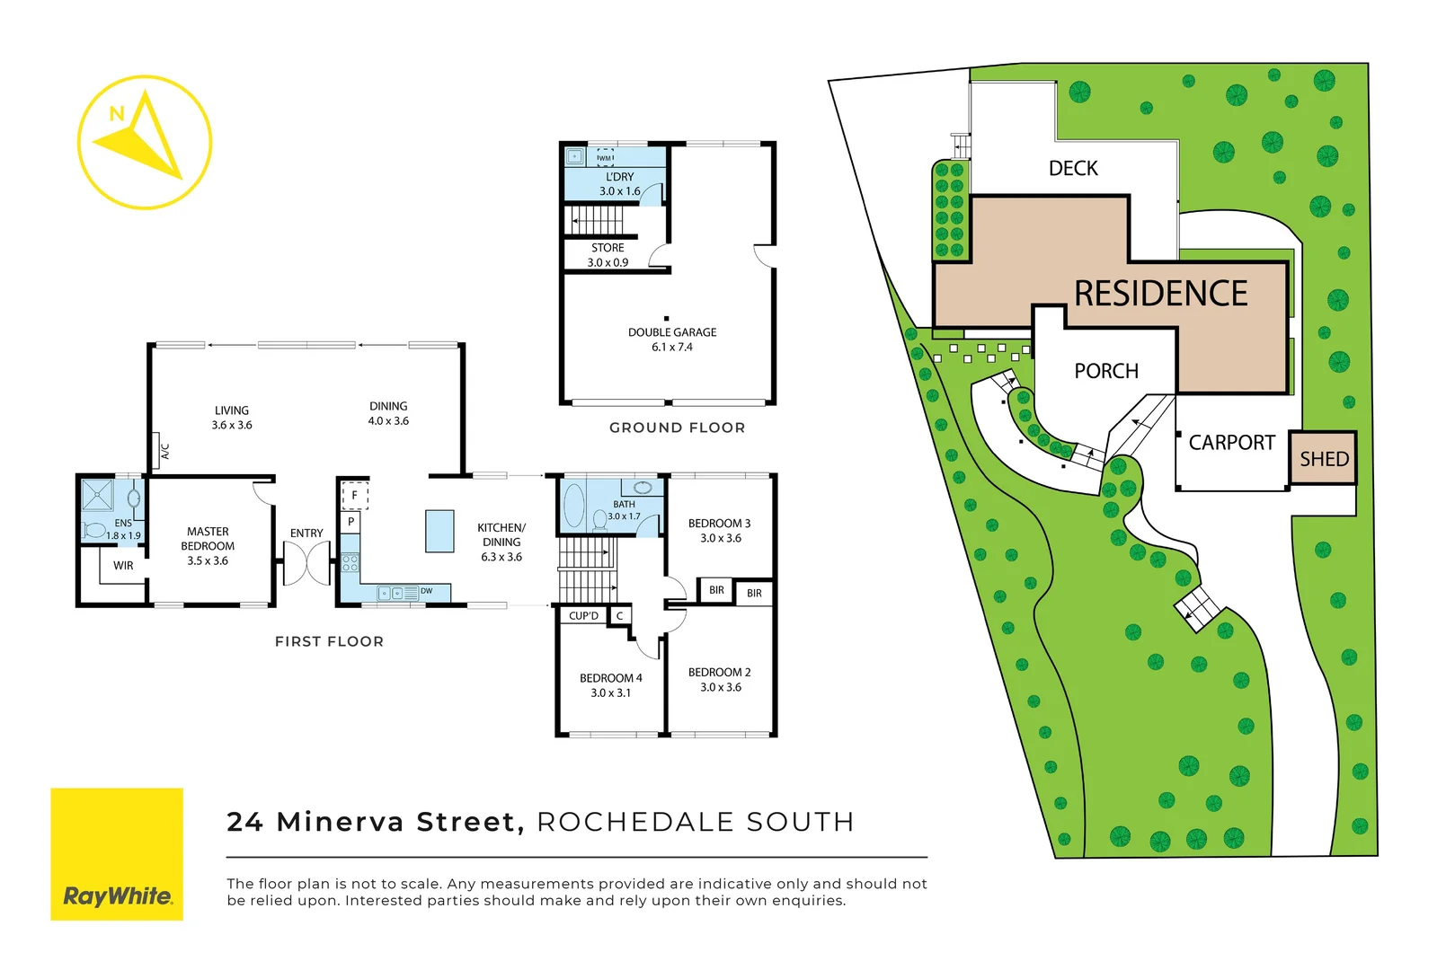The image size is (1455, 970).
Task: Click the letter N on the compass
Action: (x=116, y=114)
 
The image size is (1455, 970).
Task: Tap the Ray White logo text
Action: (x=117, y=895)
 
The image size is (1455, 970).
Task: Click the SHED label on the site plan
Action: (x=1324, y=459)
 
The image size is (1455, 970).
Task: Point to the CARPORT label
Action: (x=1231, y=443)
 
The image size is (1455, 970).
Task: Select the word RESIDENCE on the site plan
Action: (x=1160, y=294)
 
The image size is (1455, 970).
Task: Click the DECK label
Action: (x=1073, y=169)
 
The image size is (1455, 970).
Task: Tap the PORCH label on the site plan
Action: (x=1105, y=371)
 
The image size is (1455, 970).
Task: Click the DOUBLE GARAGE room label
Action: (x=672, y=332)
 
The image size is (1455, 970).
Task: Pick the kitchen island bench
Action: (x=439, y=531)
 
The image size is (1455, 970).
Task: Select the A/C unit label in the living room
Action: (x=164, y=451)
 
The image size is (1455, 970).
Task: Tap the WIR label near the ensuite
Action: (x=123, y=566)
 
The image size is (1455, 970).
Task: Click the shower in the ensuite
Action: (x=97, y=496)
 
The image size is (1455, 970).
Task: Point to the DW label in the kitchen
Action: (x=426, y=591)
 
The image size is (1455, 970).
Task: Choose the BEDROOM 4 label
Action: (x=610, y=678)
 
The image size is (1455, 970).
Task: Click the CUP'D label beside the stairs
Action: (x=583, y=616)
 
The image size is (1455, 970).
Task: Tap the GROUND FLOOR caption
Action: (x=677, y=428)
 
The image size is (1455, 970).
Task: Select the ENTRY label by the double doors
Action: (x=306, y=533)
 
